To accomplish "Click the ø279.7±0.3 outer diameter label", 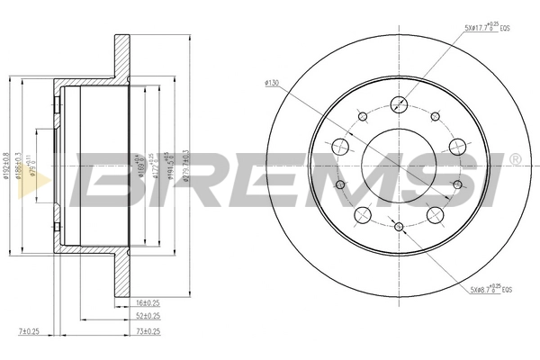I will click(186, 166).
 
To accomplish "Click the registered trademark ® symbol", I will click(514, 159).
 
